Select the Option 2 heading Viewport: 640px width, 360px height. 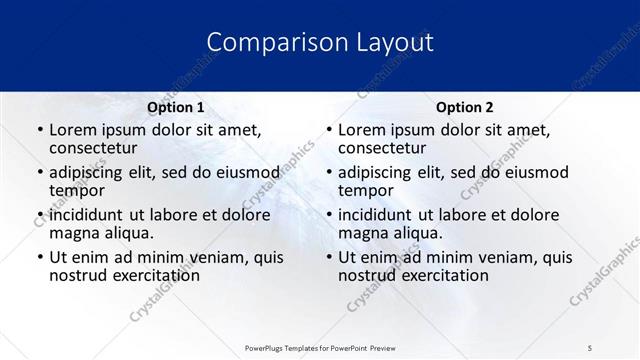click(464, 107)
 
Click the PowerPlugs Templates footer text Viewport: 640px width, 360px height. click(320, 347)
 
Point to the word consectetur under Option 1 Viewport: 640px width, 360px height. click(94, 149)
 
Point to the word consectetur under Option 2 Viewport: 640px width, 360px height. click(383, 149)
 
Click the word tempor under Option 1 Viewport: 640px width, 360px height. click(77, 191)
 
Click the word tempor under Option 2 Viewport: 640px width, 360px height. click(366, 191)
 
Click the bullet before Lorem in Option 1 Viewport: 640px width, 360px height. click(39, 130)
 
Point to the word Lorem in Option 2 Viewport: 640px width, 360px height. click(362, 130)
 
